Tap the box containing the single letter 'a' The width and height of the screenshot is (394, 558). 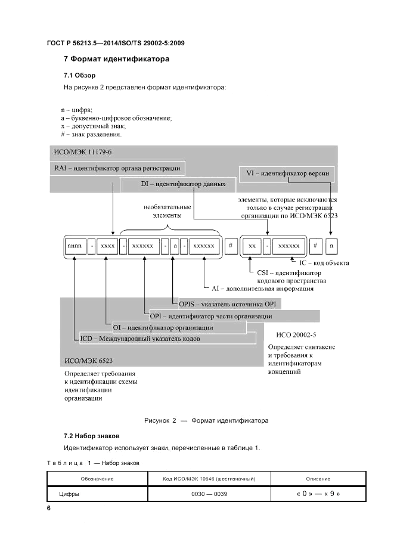pos(176,246)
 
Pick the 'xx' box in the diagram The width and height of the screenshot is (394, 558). pos(252,246)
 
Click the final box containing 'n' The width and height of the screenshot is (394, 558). pos(333,246)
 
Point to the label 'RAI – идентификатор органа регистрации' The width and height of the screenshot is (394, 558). pos(117,168)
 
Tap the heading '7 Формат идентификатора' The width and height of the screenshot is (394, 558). pos(116,59)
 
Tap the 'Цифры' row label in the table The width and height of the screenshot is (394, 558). pos(69,494)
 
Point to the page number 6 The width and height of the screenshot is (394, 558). pos(49,508)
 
